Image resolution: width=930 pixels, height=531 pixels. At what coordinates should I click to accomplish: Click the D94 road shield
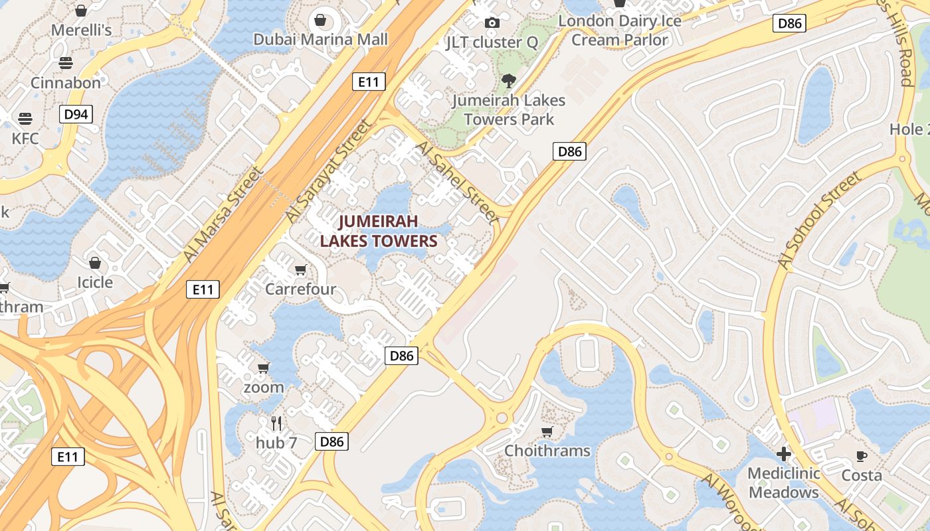[76, 114]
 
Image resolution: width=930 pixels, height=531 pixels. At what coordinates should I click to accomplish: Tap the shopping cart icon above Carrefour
[300, 269]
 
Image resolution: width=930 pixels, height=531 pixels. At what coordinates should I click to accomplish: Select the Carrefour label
[300, 289]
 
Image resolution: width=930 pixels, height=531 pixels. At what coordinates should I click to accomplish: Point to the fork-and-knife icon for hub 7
[276, 423]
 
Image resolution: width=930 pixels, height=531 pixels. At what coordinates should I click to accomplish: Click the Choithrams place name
[547, 451]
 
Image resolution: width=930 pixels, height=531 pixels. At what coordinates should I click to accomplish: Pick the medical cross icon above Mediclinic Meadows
[784, 454]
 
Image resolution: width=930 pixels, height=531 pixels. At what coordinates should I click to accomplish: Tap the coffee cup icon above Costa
[862, 456]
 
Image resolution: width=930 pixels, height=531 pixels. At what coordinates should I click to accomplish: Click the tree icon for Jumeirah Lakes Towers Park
[508, 81]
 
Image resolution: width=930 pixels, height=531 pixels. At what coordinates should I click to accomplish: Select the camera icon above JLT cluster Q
[492, 23]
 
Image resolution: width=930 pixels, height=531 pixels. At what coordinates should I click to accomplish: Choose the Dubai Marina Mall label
[320, 39]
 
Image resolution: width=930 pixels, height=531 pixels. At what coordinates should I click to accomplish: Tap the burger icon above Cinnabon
[66, 63]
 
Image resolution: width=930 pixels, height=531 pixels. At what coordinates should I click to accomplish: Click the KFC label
[25, 139]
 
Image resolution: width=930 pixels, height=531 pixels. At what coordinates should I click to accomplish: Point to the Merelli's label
[81, 30]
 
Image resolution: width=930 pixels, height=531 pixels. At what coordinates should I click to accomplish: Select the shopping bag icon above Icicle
[95, 263]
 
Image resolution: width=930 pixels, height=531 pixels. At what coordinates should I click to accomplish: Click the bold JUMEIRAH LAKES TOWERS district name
[379, 231]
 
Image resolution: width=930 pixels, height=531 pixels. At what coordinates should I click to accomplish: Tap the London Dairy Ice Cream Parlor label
[619, 31]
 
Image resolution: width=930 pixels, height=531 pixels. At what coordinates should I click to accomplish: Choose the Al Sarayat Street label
[328, 171]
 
